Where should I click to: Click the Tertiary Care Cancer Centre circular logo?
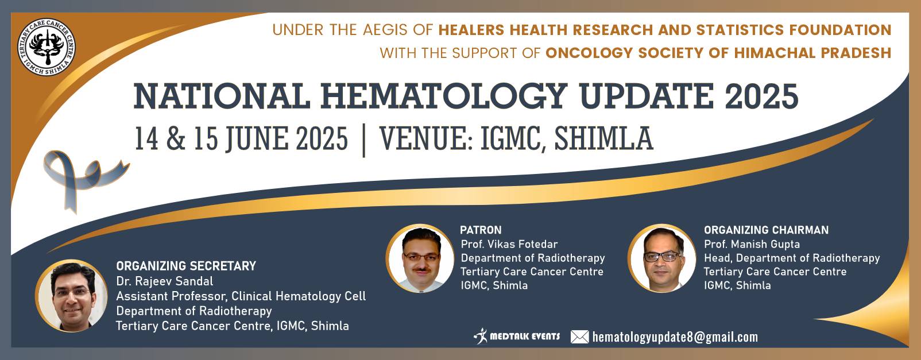pyautogui.click(x=47, y=47)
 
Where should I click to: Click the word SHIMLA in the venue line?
pyautogui.click(x=603, y=139)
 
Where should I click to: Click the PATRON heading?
pyautogui.click(x=481, y=230)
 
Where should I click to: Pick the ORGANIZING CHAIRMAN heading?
pyautogui.click(x=766, y=230)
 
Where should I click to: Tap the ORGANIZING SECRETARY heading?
pyautogui.click(x=186, y=266)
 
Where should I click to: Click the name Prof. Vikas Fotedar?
pyautogui.click(x=509, y=244)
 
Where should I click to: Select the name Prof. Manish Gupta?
pyautogui.click(x=752, y=244)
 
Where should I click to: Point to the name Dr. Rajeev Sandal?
pyautogui.click(x=164, y=281)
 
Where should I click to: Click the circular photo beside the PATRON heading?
pyautogui.click(x=420, y=258)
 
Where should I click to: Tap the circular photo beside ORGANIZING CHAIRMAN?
pyautogui.click(x=661, y=258)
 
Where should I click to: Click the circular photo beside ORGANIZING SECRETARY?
pyautogui.click(x=72, y=296)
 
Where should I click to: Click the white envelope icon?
pyautogui.click(x=580, y=337)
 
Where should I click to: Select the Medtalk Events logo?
pyautogui.click(x=516, y=336)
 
